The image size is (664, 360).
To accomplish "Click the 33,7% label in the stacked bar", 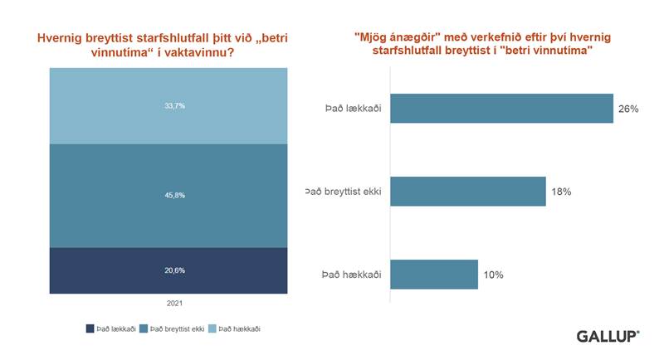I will tap(169, 105).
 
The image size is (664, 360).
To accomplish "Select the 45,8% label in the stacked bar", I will tap(169, 196).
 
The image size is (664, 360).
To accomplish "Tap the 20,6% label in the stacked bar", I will tap(169, 270).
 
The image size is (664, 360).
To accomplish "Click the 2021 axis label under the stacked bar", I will tap(169, 304).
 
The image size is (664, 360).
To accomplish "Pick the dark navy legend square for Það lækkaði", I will tap(90, 329).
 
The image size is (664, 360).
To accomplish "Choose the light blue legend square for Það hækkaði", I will tap(214, 329).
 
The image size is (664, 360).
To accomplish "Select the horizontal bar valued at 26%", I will tap(501, 109).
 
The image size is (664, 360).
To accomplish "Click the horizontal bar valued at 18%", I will tap(467, 192).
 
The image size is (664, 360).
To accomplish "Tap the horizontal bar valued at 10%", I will tap(433, 275).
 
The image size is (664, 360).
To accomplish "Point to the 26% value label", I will tap(628, 109).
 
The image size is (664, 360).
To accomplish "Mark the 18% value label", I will tap(561, 192).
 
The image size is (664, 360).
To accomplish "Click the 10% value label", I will tap(493, 275).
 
